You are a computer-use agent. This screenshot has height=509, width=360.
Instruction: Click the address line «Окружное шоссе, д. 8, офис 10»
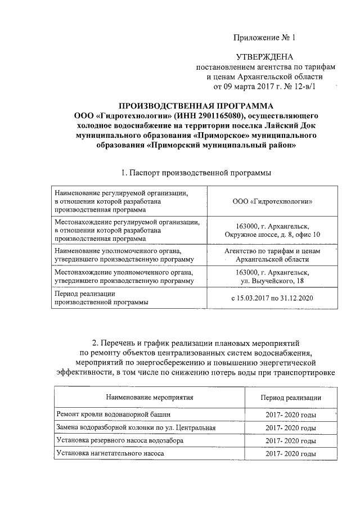[272, 233]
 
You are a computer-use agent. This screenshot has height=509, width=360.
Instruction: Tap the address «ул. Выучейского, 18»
[272, 280]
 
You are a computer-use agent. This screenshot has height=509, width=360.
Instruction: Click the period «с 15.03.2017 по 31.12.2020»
[272, 298]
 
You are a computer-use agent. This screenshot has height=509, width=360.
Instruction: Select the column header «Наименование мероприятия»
[149, 397]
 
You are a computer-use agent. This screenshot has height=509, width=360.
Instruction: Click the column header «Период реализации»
[291, 397]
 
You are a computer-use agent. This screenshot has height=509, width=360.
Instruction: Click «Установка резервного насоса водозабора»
[119, 440]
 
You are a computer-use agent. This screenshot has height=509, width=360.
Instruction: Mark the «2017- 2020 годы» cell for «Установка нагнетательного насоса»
[291, 453]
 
